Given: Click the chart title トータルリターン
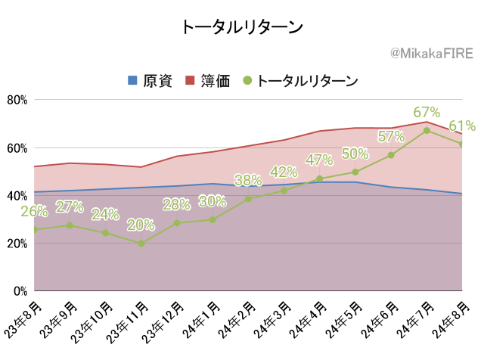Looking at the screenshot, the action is click(x=242, y=27).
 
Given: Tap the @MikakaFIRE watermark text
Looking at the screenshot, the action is click(x=432, y=54).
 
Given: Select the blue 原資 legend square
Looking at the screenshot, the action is click(x=132, y=80).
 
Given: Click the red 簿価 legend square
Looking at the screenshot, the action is click(x=190, y=80).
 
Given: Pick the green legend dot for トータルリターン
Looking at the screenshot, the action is click(x=247, y=80).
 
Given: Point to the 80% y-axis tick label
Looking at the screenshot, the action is click(x=17, y=100).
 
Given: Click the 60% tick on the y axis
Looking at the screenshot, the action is click(x=17, y=148).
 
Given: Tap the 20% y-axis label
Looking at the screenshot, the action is click(x=17, y=244).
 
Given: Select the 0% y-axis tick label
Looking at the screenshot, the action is click(x=20, y=291).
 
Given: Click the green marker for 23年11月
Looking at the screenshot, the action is click(x=141, y=244).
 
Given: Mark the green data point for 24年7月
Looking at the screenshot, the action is click(x=427, y=131).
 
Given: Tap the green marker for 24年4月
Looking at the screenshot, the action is click(x=320, y=178).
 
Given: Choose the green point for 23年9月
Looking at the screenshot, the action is click(x=70, y=225).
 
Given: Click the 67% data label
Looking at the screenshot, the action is click(x=427, y=112).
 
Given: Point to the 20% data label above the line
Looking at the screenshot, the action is click(x=141, y=225).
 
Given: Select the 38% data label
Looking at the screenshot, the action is click(x=248, y=180).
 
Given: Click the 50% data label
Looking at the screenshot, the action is click(x=355, y=154).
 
